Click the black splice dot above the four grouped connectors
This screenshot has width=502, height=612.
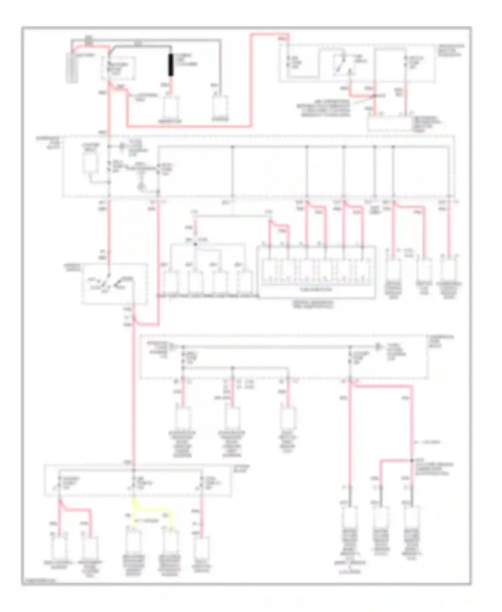click(x=196, y=244)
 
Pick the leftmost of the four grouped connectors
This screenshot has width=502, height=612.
click(x=171, y=282)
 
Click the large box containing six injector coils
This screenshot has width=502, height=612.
click(x=316, y=272)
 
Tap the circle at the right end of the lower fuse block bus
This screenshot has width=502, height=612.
click(x=378, y=347)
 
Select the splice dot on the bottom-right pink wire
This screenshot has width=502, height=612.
click(x=412, y=461)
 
